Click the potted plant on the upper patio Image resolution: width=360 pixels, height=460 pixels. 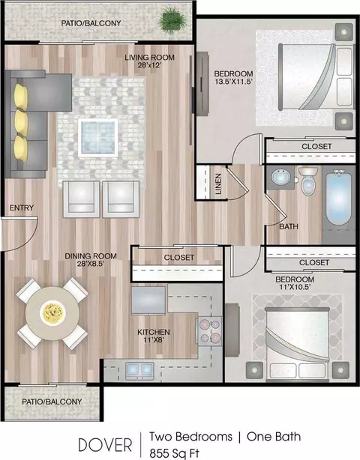[x=172, y=20]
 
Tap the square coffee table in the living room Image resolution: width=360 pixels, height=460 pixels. [x=98, y=138]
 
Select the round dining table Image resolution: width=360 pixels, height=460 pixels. [x=52, y=314]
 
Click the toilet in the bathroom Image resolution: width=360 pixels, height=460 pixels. [x=307, y=181]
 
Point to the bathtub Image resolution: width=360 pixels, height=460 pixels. [x=338, y=199]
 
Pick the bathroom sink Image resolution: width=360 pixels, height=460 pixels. [x=281, y=178]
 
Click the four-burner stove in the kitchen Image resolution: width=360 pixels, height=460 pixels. [x=210, y=331]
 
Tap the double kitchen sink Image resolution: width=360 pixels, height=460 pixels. [x=139, y=370]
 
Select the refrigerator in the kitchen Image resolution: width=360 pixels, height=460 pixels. [x=148, y=300]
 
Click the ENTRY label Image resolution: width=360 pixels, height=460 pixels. [x=22, y=208]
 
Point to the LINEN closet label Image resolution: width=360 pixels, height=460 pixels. [x=218, y=184]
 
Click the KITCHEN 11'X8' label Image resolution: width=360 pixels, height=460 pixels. [x=154, y=336]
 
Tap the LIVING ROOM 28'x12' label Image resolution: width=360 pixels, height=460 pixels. [x=149, y=61]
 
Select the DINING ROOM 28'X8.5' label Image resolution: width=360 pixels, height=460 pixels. [x=91, y=260]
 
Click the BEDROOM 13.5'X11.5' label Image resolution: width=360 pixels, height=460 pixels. [x=234, y=77]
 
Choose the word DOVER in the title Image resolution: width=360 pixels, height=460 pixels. [x=105, y=445]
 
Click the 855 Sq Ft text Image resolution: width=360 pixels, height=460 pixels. [x=175, y=453]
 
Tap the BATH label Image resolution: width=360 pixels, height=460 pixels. [x=289, y=226]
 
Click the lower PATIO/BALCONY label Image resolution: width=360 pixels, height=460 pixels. [x=52, y=402]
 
